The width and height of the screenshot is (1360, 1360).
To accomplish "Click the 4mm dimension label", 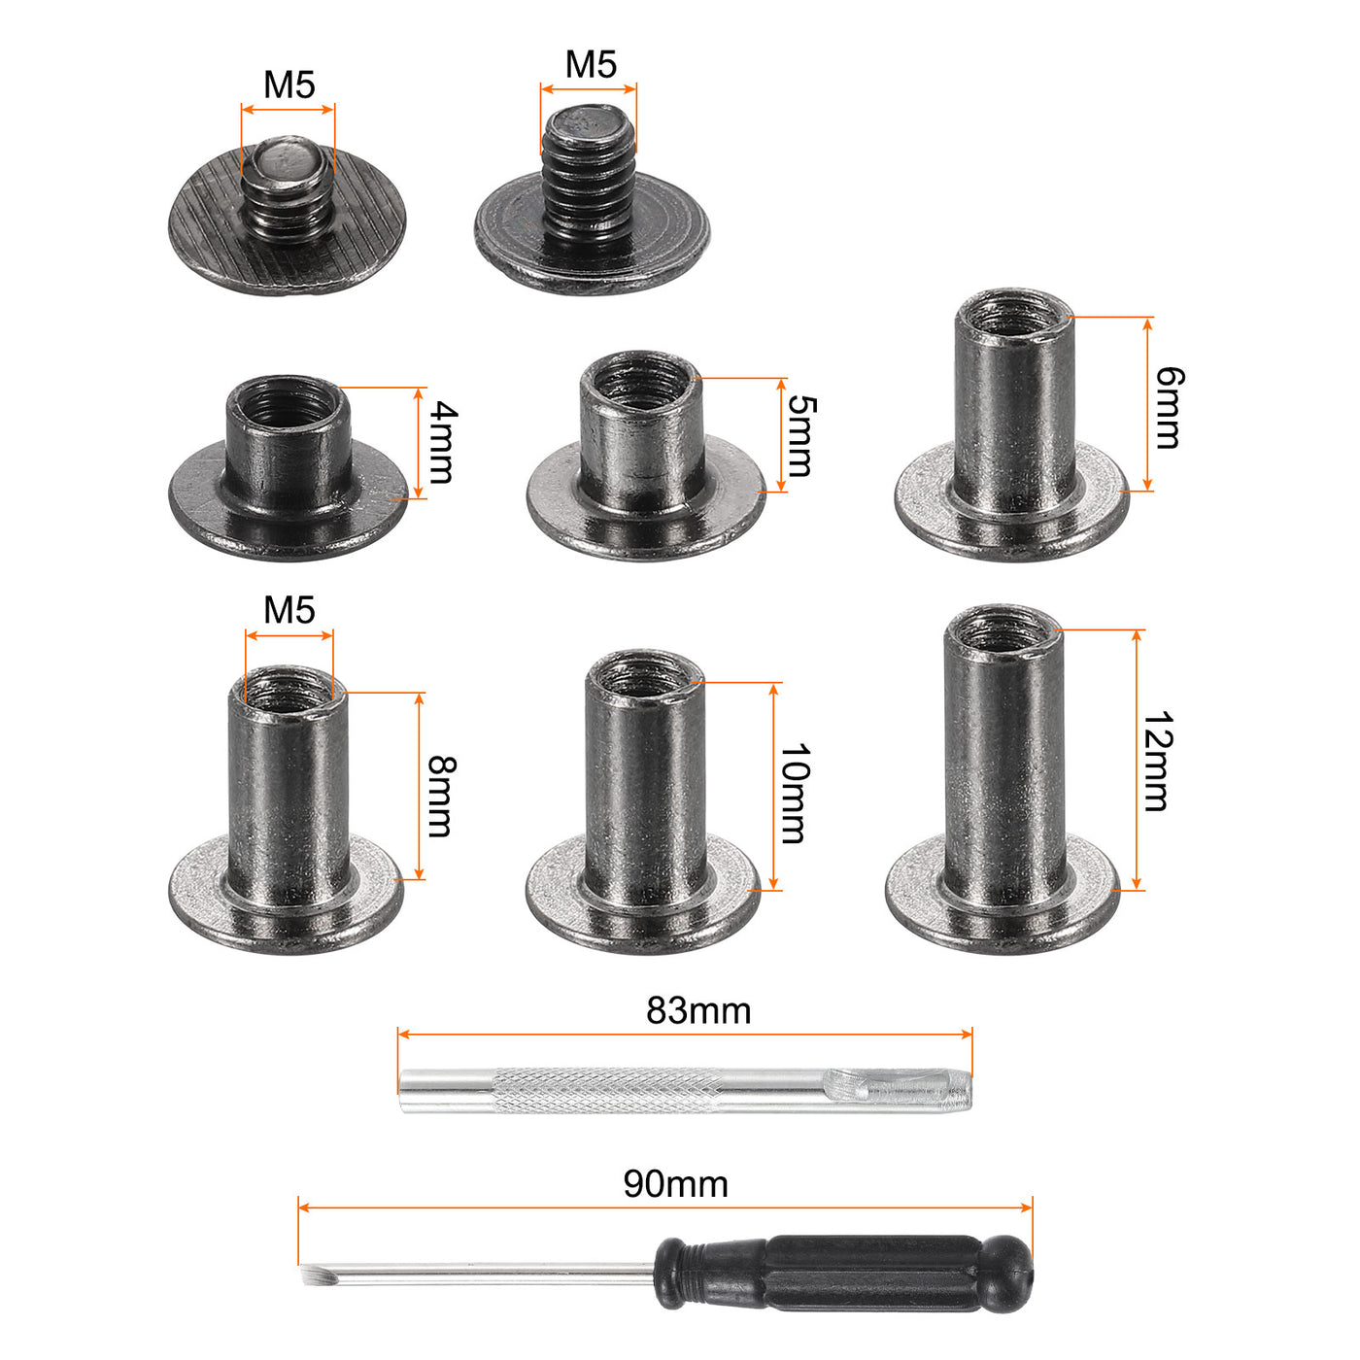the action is (443, 442).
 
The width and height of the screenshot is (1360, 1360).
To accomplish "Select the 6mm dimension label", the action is (1170, 407).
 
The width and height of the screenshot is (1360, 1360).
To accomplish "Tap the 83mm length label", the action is (698, 1010).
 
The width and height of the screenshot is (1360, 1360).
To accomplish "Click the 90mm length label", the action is (675, 1183).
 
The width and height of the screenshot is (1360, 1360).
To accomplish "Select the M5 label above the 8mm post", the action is (289, 610).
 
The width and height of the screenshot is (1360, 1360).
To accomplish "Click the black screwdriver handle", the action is (843, 1274).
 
